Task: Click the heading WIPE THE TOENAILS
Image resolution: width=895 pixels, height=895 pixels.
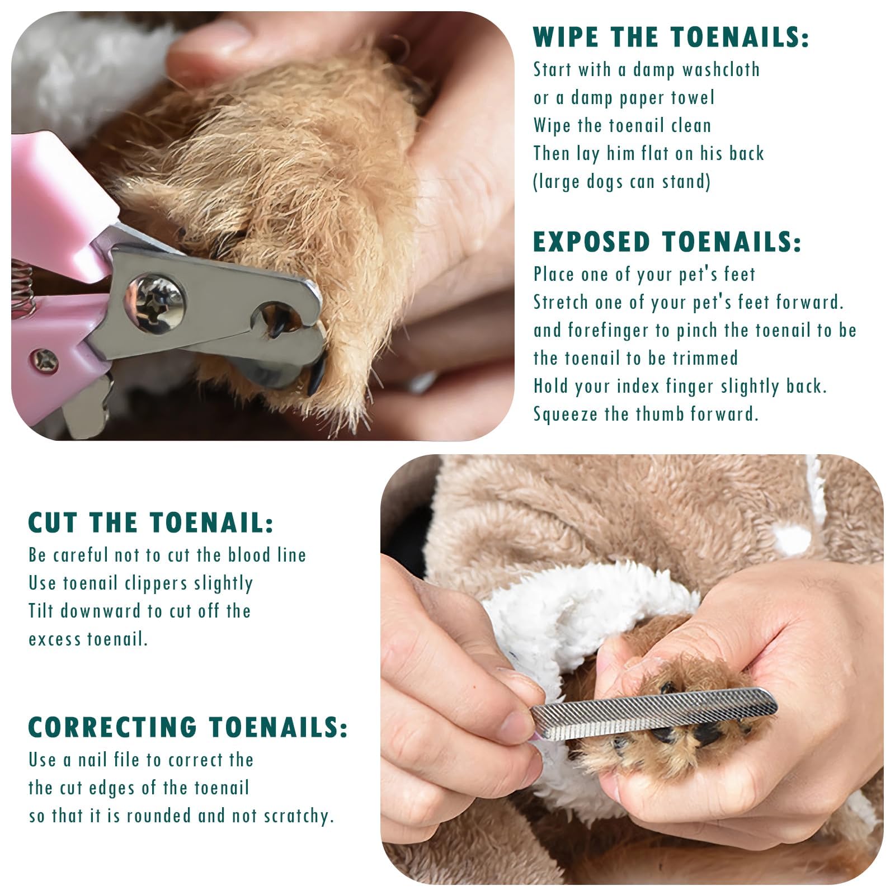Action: pos(671,37)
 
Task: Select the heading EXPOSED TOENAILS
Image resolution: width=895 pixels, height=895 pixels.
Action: pos(667,242)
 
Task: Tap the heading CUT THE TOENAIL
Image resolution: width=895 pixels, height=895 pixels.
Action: pos(151,522)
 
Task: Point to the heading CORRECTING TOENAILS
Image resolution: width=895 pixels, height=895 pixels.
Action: pos(188,727)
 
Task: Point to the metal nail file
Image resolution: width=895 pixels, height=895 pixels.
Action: pos(653,714)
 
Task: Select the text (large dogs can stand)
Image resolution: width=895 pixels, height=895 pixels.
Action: pos(621,182)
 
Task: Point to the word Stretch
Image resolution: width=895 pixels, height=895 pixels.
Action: pos(561,303)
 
